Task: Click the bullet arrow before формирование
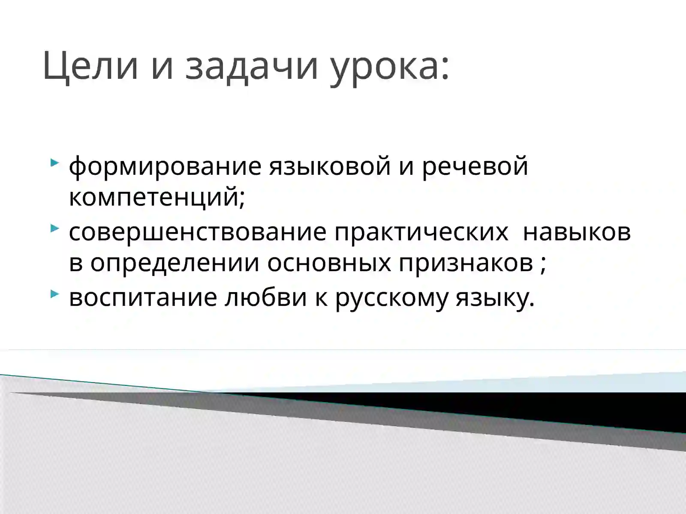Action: [x=54, y=162]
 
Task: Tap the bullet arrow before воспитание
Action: [x=54, y=294]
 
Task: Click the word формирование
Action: [x=165, y=166]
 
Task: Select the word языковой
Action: [x=330, y=166]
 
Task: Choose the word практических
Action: [x=421, y=232]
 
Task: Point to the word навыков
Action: [x=577, y=232]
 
